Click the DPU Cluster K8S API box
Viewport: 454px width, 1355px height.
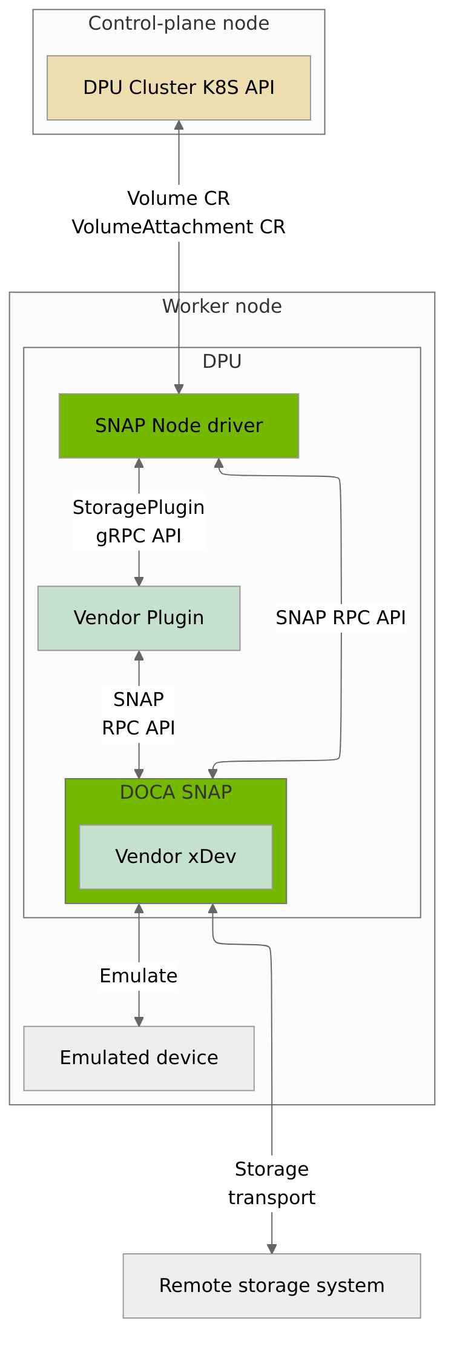click(179, 88)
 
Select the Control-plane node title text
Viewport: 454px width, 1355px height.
click(179, 24)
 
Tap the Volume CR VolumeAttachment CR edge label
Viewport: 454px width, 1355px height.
click(179, 213)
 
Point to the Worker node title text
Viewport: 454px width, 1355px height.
click(222, 307)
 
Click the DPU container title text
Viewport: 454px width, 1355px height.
click(222, 362)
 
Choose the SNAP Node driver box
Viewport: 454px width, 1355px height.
click(179, 426)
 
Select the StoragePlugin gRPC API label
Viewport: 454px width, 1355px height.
click(139, 522)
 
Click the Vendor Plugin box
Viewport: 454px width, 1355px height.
click(139, 618)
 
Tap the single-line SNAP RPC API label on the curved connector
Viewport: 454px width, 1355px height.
click(341, 618)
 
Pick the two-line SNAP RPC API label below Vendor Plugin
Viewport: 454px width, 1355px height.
click(139, 714)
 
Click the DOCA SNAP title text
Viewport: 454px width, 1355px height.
click(176, 793)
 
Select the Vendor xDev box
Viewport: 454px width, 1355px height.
click(176, 857)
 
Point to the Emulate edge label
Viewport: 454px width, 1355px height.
click(139, 976)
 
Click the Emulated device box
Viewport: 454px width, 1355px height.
click(139, 1058)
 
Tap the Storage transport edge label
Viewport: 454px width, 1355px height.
click(272, 1184)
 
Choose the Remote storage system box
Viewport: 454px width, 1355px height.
click(272, 1285)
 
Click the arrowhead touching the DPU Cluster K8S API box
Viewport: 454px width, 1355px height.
click(179, 125)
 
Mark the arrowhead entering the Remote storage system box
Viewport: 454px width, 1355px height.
click(272, 1249)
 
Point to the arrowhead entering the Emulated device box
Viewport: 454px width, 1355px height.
click(139, 1022)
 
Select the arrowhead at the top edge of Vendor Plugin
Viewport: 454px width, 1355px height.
click(139, 582)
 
